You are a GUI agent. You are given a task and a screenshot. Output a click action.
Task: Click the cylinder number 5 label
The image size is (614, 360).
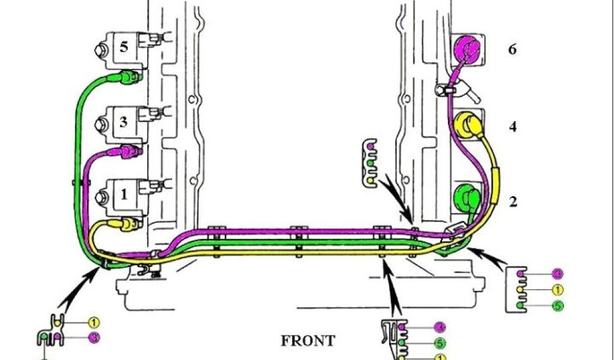point(124,47)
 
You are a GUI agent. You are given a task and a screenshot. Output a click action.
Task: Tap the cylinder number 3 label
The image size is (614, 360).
point(123,122)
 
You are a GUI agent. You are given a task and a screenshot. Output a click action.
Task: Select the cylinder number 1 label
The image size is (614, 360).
point(124,194)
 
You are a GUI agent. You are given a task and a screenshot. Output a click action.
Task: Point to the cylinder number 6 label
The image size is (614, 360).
point(511,49)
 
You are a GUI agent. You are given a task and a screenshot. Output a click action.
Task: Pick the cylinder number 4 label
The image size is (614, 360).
point(513,127)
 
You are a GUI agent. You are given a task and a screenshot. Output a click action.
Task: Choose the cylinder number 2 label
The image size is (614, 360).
point(513,202)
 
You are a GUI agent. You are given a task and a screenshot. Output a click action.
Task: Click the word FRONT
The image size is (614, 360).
point(308,341)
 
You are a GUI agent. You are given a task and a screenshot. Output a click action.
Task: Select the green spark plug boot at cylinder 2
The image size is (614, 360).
point(465,198)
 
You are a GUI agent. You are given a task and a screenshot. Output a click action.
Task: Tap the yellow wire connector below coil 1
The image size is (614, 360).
point(129,225)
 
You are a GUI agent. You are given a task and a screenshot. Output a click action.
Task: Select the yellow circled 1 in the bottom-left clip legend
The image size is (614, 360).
point(94,323)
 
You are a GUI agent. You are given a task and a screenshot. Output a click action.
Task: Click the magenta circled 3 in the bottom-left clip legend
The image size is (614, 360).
point(94,338)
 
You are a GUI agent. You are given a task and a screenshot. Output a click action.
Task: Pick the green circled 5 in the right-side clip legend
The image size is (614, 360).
point(558,305)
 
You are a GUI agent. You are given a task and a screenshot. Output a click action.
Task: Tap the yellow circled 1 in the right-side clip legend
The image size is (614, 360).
point(558,290)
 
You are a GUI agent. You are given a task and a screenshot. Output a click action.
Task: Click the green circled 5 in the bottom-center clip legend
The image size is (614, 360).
point(440,343)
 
